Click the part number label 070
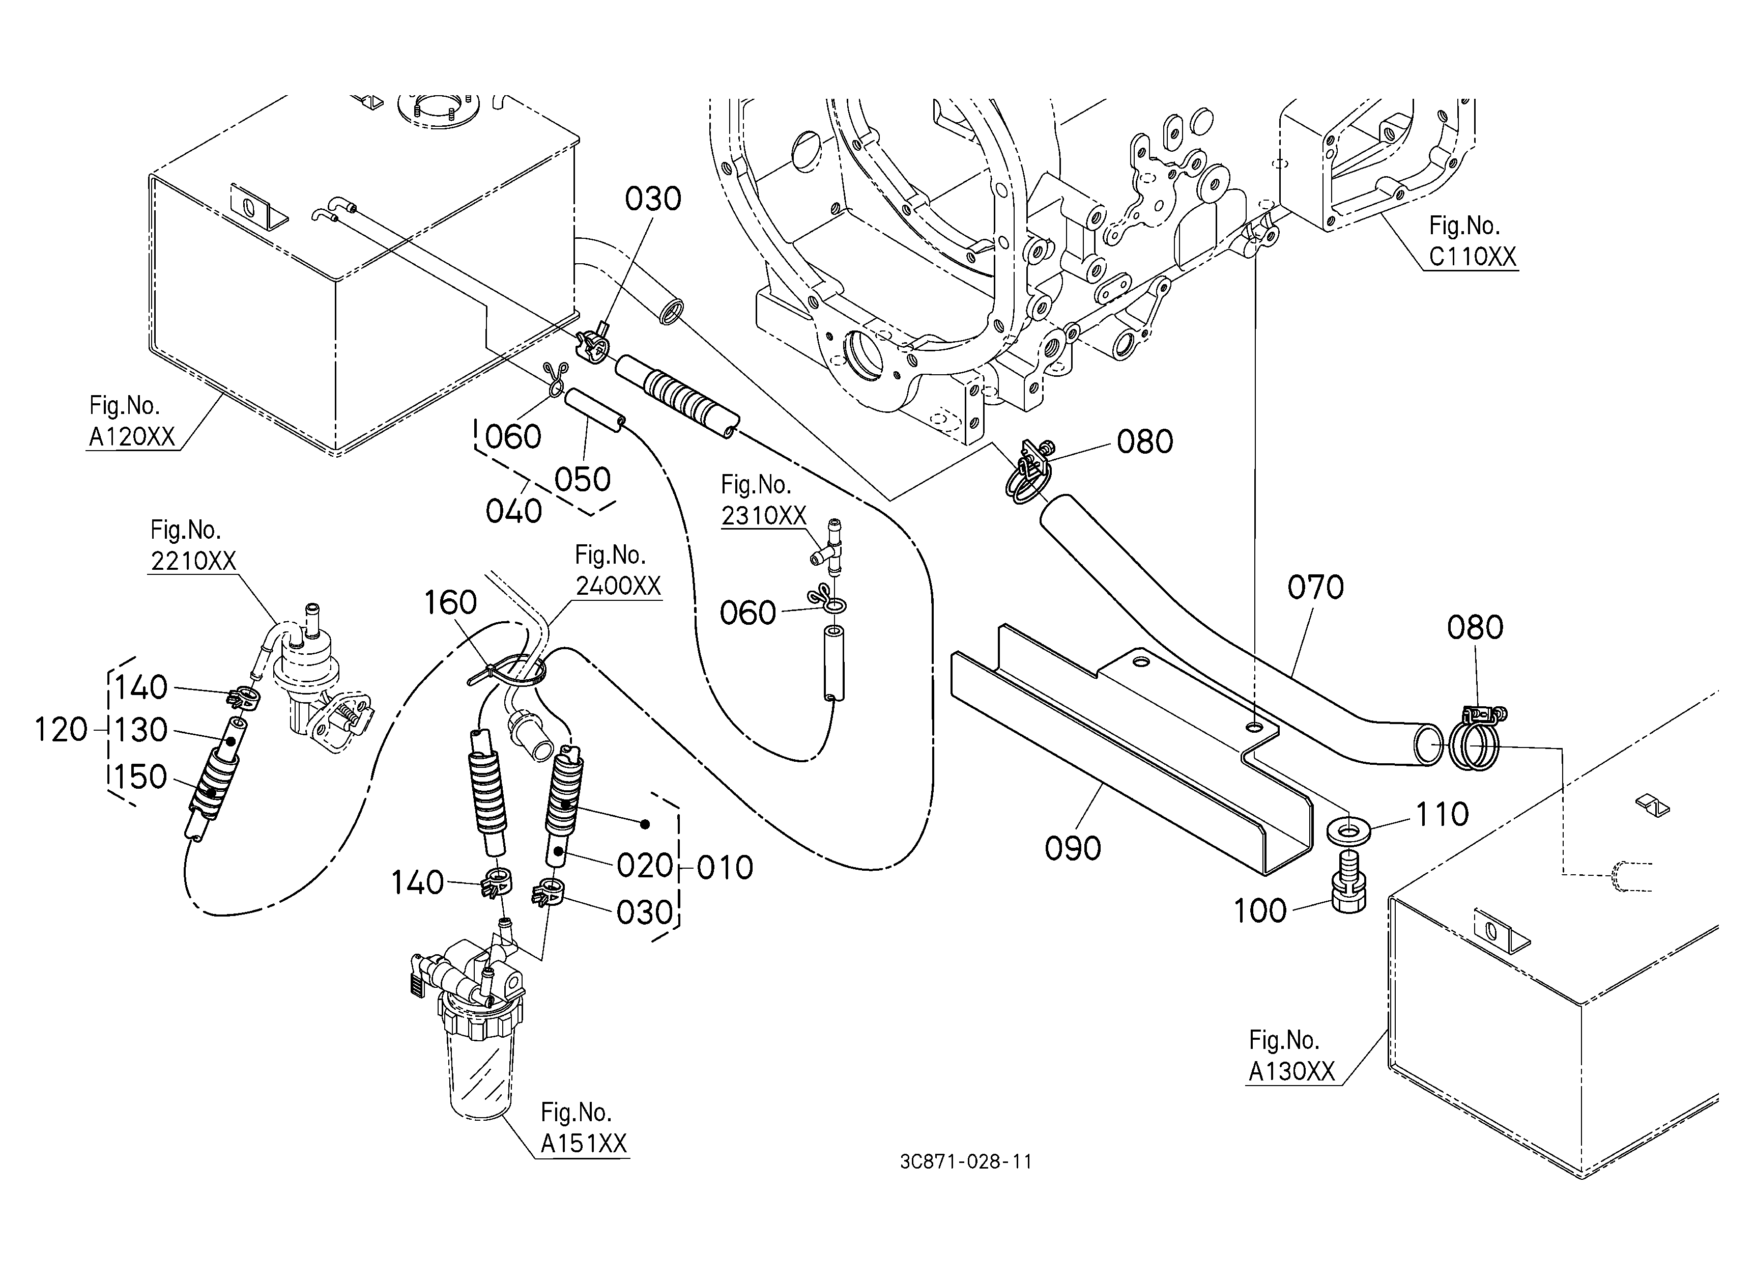(1315, 588)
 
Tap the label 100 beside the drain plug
(1260, 911)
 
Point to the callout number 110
(1442, 814)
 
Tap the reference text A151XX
(584, 1144)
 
